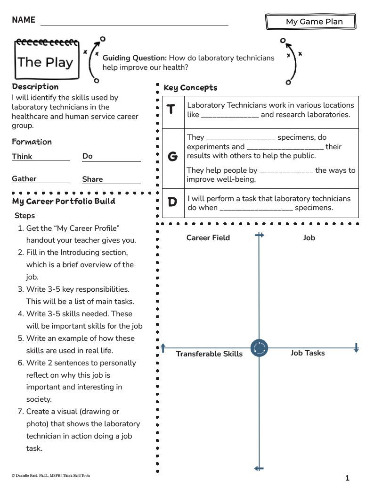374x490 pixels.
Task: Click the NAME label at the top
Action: [x=24, y=20]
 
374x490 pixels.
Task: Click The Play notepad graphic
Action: [x=46, y=60]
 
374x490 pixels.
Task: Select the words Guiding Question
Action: [x=135, y=58]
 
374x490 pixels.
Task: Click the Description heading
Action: [x=35, y=87]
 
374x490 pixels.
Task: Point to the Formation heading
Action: [x=32, y=142]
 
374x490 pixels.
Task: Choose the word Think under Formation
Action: [x=22, y=157]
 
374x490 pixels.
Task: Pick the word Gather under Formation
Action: [x=24, y=179]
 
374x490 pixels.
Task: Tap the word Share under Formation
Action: [x=92, y=179]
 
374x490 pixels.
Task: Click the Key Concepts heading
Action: [x=190, y=88]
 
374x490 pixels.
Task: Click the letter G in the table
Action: [x=172, y=157]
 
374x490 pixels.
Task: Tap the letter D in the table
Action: [x=172, y=202]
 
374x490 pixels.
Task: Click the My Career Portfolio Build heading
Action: [x=64, y=202]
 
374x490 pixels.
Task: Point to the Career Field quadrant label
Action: [x=208, y=238]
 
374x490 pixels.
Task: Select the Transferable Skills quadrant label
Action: [x=209, y=354]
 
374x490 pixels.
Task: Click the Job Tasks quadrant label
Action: [x=308, y=353]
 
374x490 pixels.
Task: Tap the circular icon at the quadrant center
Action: [x=259, y=348]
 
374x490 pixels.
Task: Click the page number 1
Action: [x=347, y=478]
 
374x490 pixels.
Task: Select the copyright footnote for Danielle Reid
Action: [x=51, y=476]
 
